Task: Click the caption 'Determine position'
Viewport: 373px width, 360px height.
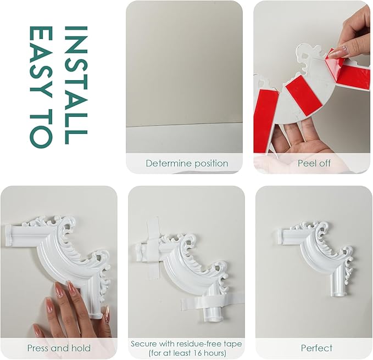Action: (187, 163)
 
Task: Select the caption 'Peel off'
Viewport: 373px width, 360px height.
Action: (314, 163)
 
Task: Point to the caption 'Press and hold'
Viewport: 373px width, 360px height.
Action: (59, 348)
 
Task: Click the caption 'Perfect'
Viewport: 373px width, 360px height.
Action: (316, 348)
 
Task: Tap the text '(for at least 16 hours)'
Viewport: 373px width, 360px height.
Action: (187, 353)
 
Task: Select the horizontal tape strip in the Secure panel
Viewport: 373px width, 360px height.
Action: (212, 302)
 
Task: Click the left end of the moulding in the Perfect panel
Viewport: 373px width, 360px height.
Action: (281, 236)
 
